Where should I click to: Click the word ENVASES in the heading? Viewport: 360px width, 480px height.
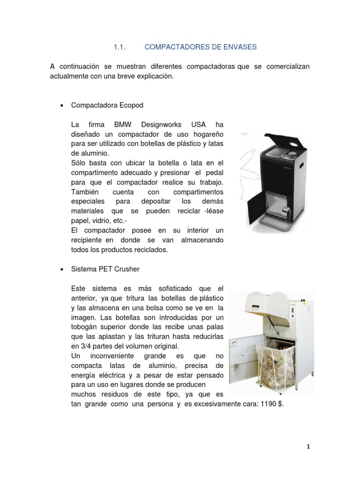239,47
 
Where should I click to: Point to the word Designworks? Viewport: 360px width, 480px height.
162,125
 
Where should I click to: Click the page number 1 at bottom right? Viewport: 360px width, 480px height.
308,447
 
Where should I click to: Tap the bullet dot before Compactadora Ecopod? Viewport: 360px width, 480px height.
62,106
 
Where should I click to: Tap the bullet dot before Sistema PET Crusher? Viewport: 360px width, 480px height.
62,270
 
